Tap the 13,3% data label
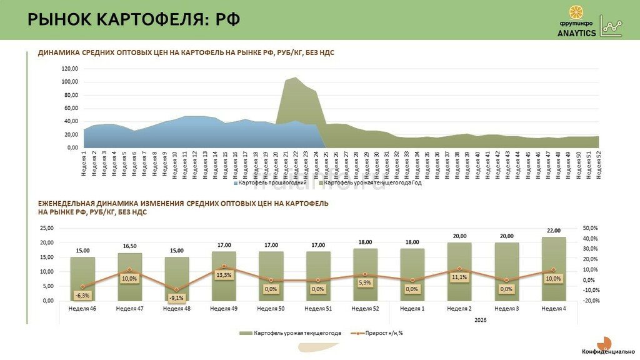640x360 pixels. pos(224,275)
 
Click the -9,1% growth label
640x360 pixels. pos(177,297)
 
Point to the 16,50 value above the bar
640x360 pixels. pos(130,246)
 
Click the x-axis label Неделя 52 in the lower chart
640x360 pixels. pos(365,308)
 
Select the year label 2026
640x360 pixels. pos(481,320)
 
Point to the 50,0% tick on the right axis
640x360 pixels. pos(591,228)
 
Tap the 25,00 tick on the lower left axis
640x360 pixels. pos(46,228)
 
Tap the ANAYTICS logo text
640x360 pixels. pos(576,34)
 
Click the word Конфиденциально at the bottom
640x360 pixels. pos(608,352)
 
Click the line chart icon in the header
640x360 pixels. pos(611,26)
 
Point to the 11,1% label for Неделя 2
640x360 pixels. pos(459,277)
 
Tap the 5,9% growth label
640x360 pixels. pos(366,282)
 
